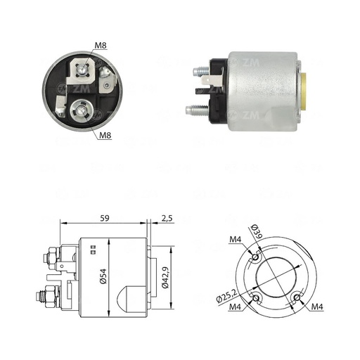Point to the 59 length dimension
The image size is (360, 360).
[x=103, y=219]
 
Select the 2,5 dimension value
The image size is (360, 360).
[x=167, y=219]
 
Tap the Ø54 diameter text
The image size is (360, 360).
[x=103, y=276]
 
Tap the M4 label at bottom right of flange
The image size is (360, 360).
[x=317, y=307]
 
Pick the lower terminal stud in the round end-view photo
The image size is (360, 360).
[x=82, y=109]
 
